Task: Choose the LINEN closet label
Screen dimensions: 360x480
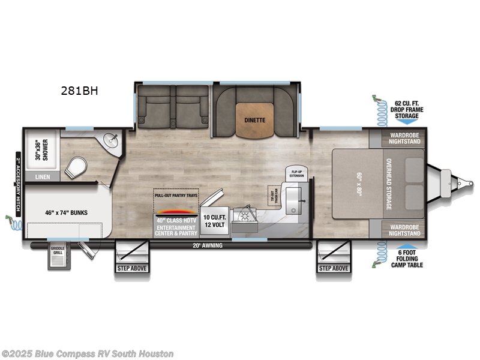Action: point(43,177)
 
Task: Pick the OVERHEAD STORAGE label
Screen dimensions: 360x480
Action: point(389,184)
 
